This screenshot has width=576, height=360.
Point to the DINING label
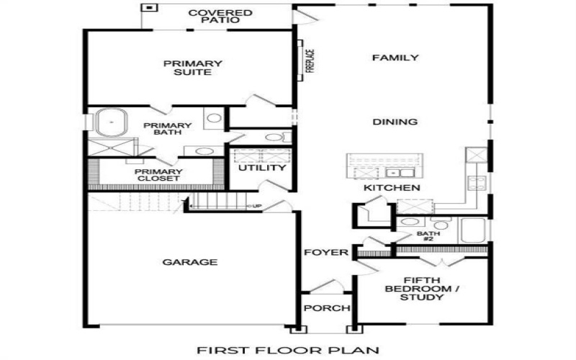[395, 122]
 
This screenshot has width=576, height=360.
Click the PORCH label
[325, 308]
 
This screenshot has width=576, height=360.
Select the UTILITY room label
[262, 168]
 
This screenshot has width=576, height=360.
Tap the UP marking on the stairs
[256, 207]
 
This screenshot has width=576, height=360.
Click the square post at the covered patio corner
[149, 8]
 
